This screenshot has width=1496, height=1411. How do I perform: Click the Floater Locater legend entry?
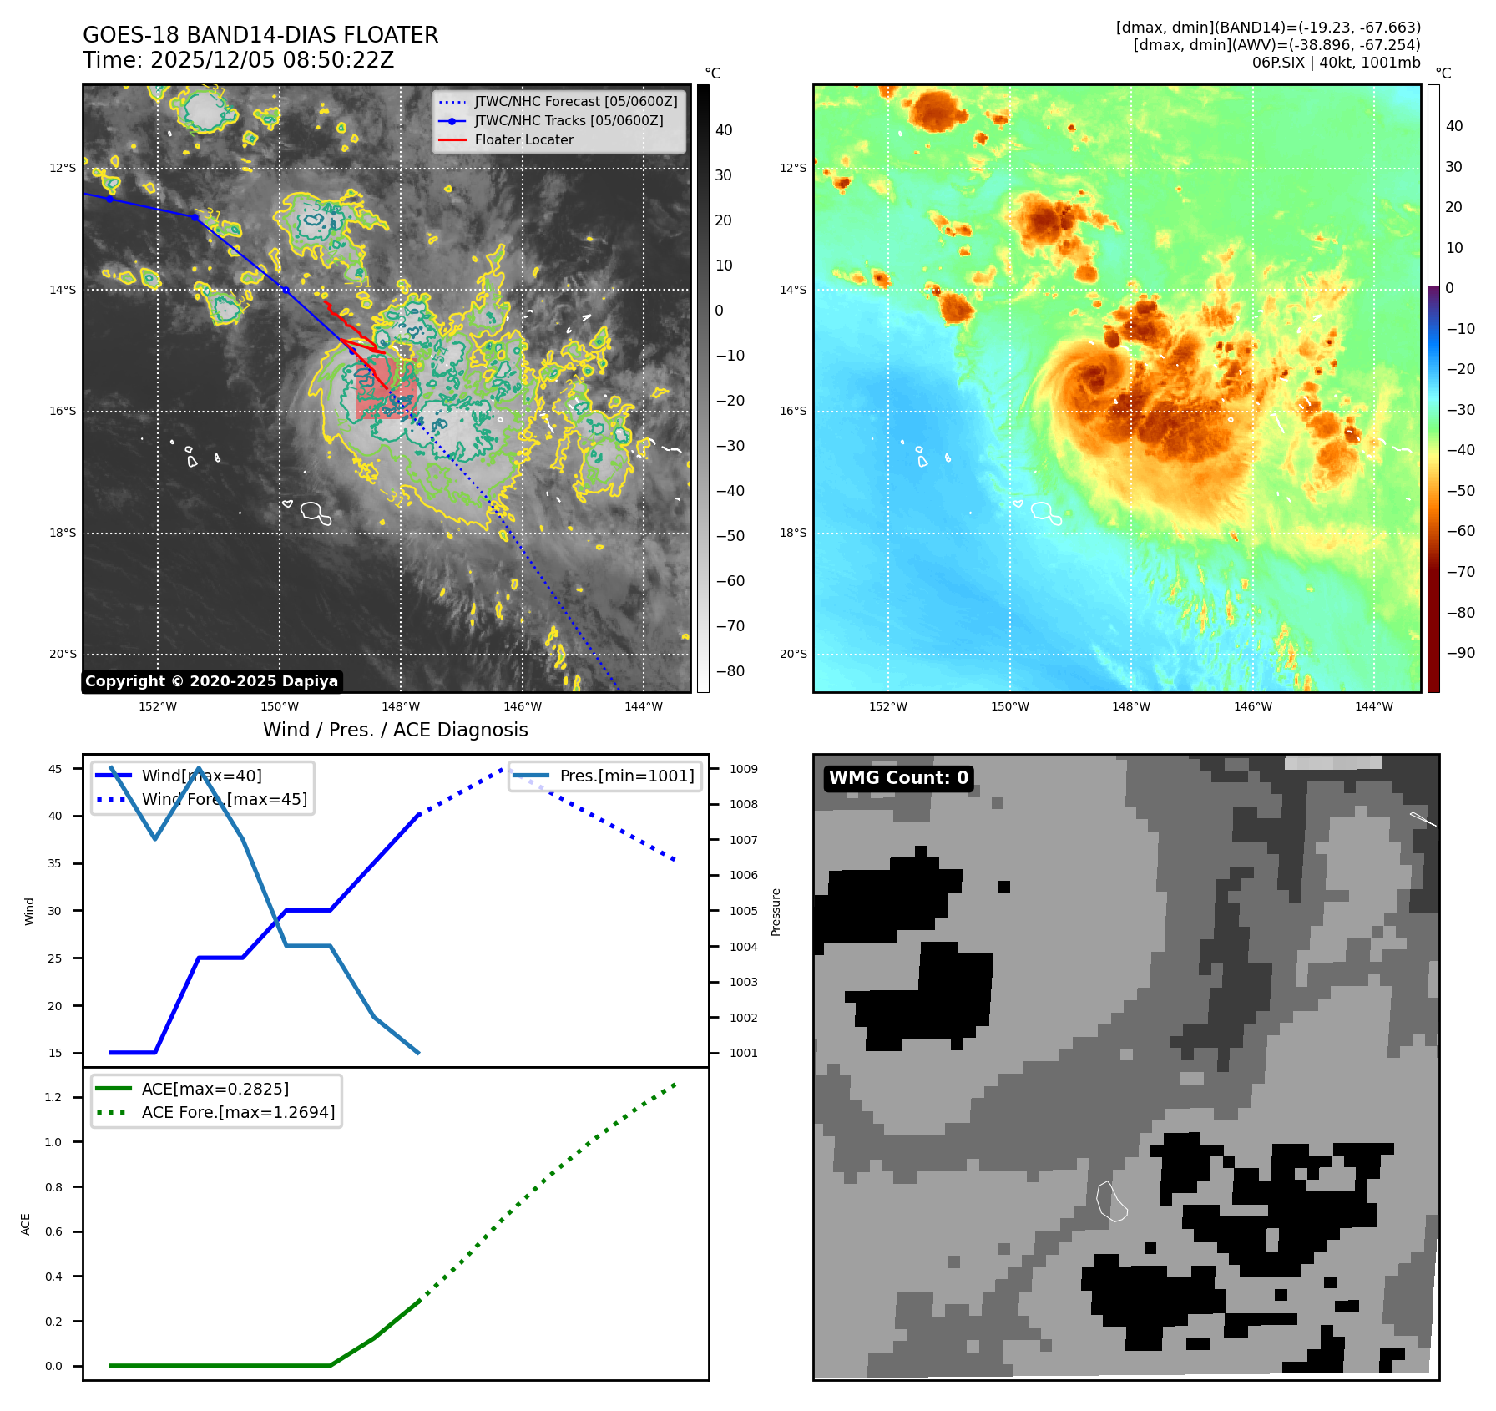click(523, 140)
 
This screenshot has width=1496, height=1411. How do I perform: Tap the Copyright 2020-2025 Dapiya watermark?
click(211, 681)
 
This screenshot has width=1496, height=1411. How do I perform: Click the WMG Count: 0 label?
click(898, 778)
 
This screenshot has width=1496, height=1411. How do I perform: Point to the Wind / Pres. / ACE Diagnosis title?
click(395, 730)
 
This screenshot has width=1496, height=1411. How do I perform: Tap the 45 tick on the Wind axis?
click(55, 769)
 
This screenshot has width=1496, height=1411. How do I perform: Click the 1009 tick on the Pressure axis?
click(744, 769)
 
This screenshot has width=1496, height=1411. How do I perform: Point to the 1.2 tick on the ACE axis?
click(53, 1097)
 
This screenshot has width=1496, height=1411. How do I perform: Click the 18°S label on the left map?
click(63, 533)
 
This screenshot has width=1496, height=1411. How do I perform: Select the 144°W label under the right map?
click(1373, 706)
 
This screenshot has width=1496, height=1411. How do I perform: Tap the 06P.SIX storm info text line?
click(1336, 63)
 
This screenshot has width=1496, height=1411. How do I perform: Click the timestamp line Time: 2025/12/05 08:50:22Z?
click(238, 60)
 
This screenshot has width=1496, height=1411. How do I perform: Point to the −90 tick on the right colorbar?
click(1460, 653)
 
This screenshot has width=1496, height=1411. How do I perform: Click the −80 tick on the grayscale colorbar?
click(730, 671)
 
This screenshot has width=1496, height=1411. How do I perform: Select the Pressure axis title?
click(776, 912)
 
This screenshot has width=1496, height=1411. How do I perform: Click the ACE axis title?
click(26, 1224)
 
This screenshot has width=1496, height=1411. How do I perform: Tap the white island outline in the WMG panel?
click(1111, 1201)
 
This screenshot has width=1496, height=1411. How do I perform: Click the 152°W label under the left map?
click(158, 706)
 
